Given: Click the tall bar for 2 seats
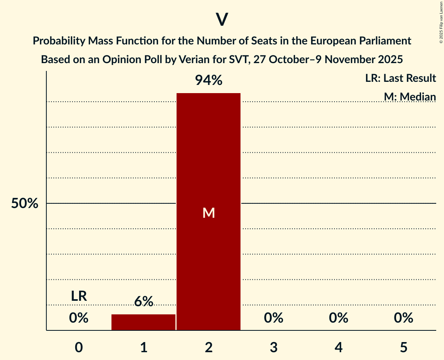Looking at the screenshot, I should coord(209,156).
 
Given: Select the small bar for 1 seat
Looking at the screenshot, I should coord(143,322).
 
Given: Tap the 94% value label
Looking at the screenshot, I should coord(209,81).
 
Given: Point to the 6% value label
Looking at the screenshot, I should coord(143,302).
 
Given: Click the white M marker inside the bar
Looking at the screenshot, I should coord(209,213).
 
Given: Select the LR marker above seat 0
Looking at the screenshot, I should coord(79,296).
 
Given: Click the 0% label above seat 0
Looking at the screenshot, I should coord(79,318).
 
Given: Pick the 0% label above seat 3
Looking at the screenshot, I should coord(274,318).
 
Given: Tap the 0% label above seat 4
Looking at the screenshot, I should coord(338,318).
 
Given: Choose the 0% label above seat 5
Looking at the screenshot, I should coord(403,318).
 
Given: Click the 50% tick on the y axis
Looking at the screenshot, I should coord(25,203).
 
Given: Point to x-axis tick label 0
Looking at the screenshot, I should coord(79,347).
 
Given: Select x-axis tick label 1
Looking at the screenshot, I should coord(143,347).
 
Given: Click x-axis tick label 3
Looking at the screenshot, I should coord(274,347).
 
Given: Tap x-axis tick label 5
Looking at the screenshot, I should coord(403,347).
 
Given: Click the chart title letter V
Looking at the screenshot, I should coord(222,19).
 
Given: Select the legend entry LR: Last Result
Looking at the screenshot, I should coord(400,78).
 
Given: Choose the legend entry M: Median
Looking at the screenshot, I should coord(410,97).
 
